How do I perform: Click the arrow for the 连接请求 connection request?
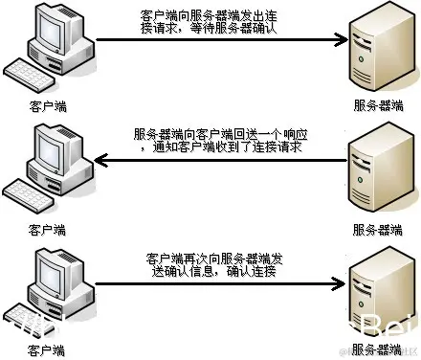[x=219, y=40]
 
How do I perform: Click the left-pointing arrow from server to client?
[x=219, y=161]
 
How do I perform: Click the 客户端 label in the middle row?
[x=48, y=230]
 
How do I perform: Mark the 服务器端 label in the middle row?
[x=372, y=230]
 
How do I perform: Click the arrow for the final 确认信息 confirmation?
[x=219, y=282]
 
